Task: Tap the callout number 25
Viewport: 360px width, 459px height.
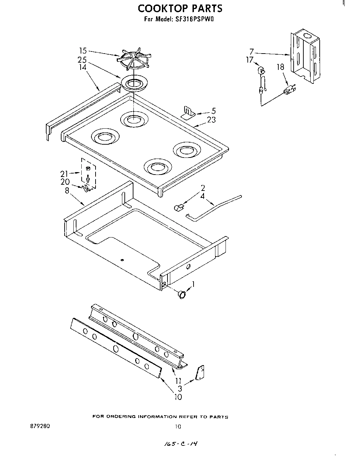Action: tap(82, 60)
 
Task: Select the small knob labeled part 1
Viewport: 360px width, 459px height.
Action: tap(181, 294)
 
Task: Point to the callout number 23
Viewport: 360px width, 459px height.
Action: tap(211, 120)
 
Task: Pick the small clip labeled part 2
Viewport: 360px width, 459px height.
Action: tap(178, 208)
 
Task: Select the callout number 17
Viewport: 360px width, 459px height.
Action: tap(250, 59)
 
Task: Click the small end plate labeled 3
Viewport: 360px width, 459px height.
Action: tap(199, 373)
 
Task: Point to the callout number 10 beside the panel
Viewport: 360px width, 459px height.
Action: tap(178, 397)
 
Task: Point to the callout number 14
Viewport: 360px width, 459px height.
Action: tap(82, 67)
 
